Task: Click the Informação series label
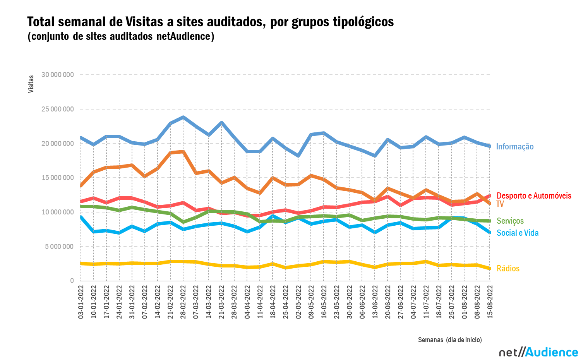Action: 514,147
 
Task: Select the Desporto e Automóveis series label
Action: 533,196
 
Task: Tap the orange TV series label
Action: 500,204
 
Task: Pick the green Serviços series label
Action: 510,221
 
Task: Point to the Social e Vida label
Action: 517,233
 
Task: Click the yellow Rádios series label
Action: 508,269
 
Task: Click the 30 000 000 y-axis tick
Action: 57,75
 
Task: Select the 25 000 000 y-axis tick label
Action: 57,109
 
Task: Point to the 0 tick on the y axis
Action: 72,281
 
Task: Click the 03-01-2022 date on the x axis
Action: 81,302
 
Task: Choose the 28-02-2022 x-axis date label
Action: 183,302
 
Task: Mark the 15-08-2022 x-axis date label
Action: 490,302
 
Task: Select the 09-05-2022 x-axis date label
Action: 311,302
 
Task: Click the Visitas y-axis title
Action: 31,84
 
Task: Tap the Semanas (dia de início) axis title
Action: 450,340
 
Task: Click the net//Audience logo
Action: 538,352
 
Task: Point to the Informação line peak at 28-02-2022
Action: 183,117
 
